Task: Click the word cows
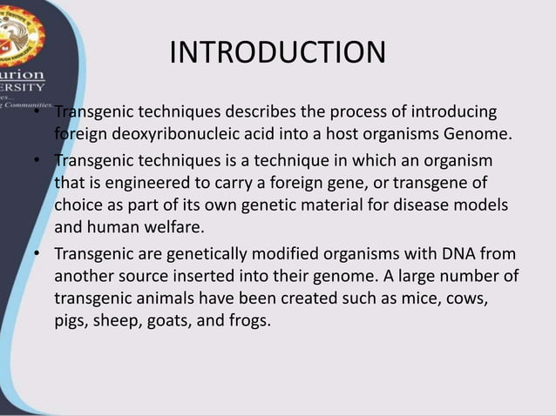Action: (460, 298)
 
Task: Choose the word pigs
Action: (71, 320)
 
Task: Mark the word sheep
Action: (120, 320)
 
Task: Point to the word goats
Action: (178, 320)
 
